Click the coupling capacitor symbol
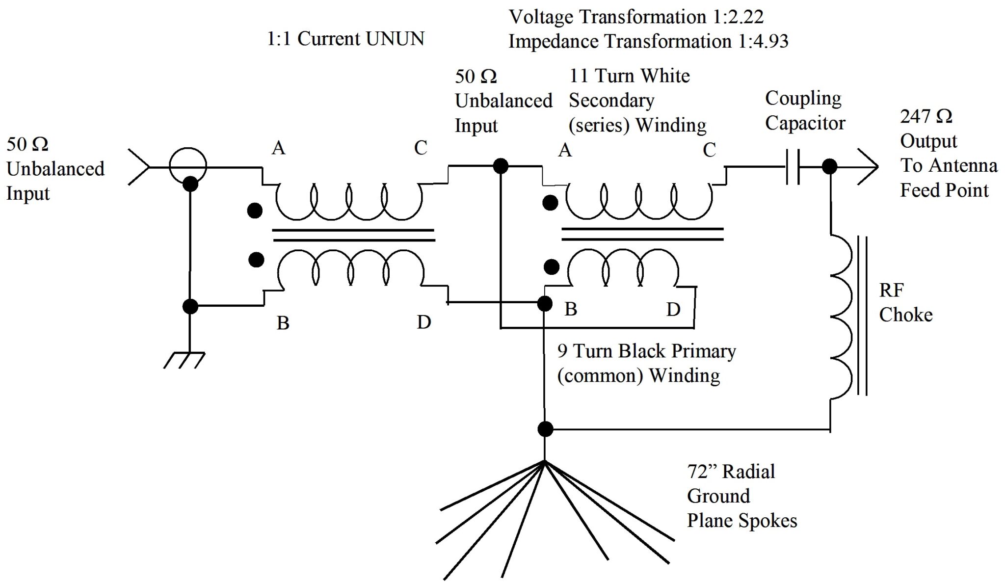tap(793, 167)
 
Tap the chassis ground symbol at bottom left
tap(185, 360)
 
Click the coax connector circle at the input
tap(188, 166)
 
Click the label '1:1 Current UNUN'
tap(345, 39)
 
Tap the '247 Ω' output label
tap(926, 117)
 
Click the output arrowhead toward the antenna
tap(868, 167)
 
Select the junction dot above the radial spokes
tap(545, 429)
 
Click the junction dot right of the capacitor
tap(829, 167)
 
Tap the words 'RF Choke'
tap(905, 302)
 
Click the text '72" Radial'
tap(731, 472)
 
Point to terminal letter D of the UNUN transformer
tap(423, 322)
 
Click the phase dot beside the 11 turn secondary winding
tap(550, 203)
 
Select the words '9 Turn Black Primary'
tap(646, 351)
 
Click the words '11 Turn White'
tap(629, 76)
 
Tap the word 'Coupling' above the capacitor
tap(803, 99)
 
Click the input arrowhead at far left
tap(139, 167)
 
